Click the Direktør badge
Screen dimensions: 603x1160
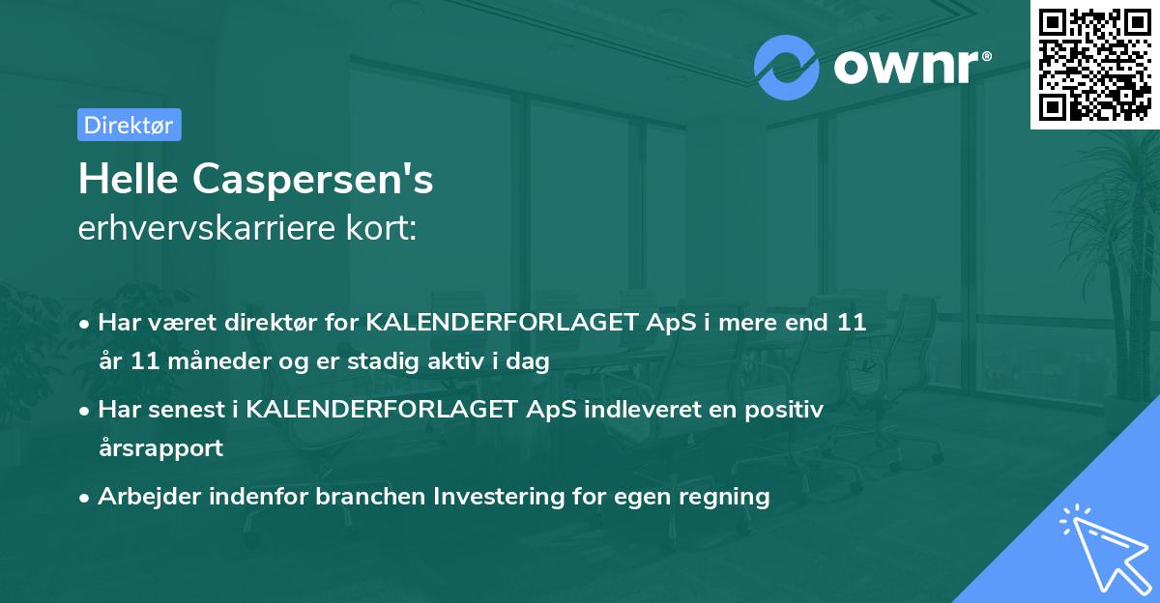[x=129, y=125]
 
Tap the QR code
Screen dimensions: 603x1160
[x=1094, y=64]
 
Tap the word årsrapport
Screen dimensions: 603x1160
[x=160, y=447]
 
